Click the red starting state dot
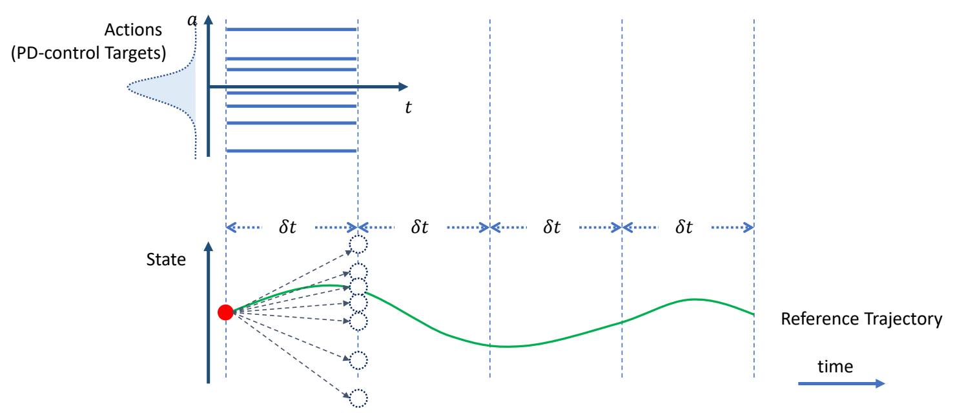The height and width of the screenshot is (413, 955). pyautogui.click(x=225, y=313)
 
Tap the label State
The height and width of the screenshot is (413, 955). pyautogui.click(x=166, y=260)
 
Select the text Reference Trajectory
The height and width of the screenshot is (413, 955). pyautogui.click(x=861, y=319)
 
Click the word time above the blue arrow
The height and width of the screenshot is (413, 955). pyautogui.click(x=835, y=367)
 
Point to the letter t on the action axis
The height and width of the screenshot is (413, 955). pyautogui.click(x=407, y=108)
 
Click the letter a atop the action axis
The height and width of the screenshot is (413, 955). pyautogui.click(x=192, y=21)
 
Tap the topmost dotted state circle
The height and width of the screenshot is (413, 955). pyautogui.click(x=358, y=244)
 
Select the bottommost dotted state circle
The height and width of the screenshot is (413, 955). pyautogui.click(x=358, y=398)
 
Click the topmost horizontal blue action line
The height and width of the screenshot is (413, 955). pyautogui.click(x=291, y=29)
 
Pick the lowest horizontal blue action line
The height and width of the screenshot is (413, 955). pyautogui.click(x=291, y=151)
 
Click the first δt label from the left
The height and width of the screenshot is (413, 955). pyautogui.click(x=287, y=227)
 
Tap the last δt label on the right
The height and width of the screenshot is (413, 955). pyautogui.click(x=684, y=227)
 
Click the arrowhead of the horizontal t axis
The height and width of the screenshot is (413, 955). pyautogui.click(x=403, y=86)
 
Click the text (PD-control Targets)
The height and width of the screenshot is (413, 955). pyautogui.click(x=88, y=53)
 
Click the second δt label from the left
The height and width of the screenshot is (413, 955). pyautogui.click(x=420, y=227)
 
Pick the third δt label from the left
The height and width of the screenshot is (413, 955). pyautogui.click(x=552, y=227)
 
